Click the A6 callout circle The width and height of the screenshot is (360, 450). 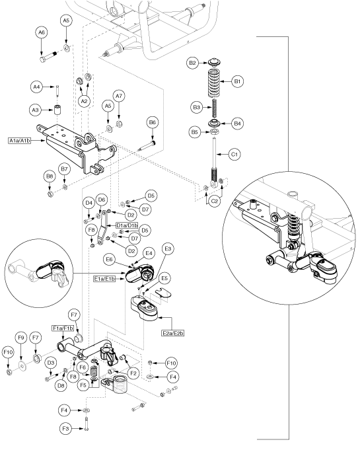tap(42, 33)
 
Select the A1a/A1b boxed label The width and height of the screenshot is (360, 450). tap(20, 141)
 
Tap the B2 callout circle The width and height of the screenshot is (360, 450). tap(192, 63)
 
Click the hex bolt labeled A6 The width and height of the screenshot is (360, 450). tap(50, 57)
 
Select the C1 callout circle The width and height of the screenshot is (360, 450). tap(234, 155)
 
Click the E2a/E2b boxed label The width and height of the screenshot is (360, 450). tap(172, 333)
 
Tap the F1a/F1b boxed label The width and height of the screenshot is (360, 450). tap(63, 328)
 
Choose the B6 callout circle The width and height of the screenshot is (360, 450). tap(153, 122)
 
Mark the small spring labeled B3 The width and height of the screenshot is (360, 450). tap(214, 108)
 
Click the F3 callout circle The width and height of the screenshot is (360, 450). tap(65, 429)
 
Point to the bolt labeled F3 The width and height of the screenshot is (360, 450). tap(87, 424)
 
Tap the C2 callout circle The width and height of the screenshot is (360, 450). tap(215, 202)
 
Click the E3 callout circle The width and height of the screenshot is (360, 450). tap(168, 248)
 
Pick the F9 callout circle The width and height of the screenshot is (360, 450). tap(21, 338)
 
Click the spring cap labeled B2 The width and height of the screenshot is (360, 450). tap(214, 62)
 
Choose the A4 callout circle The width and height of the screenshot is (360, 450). tap(36, 87)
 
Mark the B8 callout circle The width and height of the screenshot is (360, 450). tap(50, 176)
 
